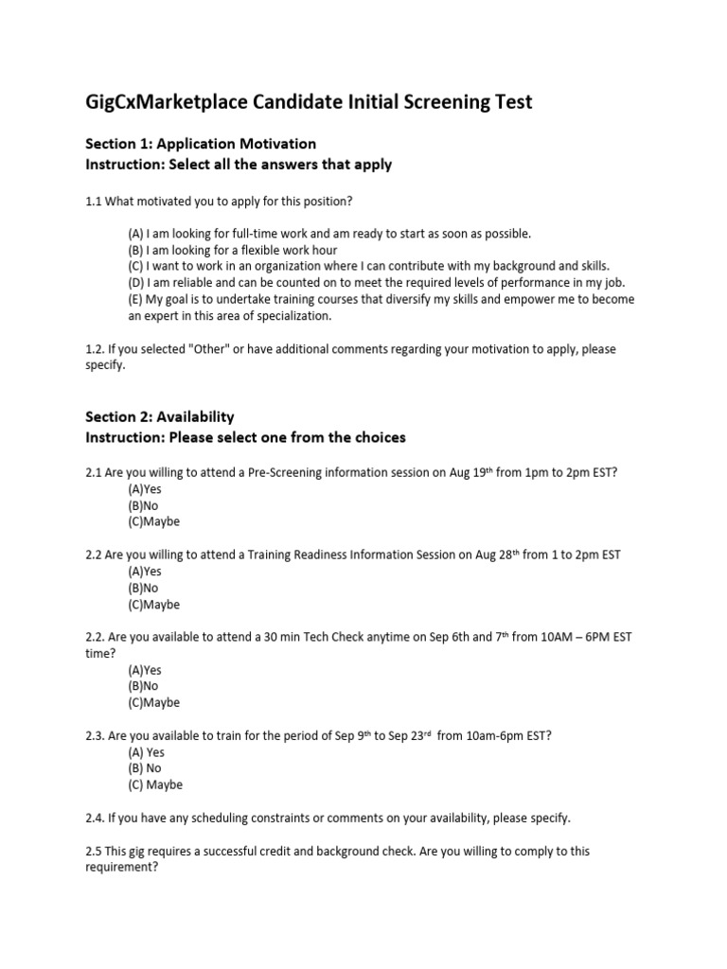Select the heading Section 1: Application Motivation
pos(201,144)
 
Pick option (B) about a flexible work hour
pos(233,249)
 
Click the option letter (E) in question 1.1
pos(137,299)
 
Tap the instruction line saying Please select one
pos(245,437)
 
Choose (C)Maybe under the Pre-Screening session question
pos(153,521)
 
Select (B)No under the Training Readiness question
pos(144,588)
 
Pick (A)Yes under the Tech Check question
pos(145,670)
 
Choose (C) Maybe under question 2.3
pos(156,784)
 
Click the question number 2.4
pos(96,818)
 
